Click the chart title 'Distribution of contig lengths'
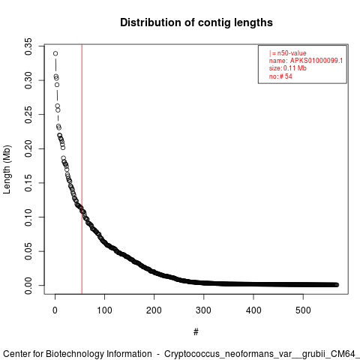click(x=196, y=22)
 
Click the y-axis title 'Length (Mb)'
click(x=7, y=169)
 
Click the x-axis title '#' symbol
click(x=196, y=332)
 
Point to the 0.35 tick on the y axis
click(x=28, y=46)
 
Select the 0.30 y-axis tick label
click(x=28, y=80)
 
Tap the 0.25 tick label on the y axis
click(x=28, y=115)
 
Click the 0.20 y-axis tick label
click(x=28, y=148)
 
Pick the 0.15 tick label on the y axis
click(x=28, y=183)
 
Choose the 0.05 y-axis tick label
click(x=28, y=251)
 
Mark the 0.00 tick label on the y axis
click(x=28, y=286)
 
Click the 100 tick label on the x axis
click(x=104, y=310)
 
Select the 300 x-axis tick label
click(x=204, y=310)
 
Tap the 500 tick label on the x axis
click(x=303, y=310)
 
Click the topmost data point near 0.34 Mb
click(x=55, y=53)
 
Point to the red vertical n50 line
click(x=82, y=169)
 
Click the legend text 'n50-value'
click(x=292, y=53)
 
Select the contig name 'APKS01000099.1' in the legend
click(x=316, y=61)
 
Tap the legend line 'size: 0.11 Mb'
click(x=288, y=68)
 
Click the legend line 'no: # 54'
click(x=280, y=76)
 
